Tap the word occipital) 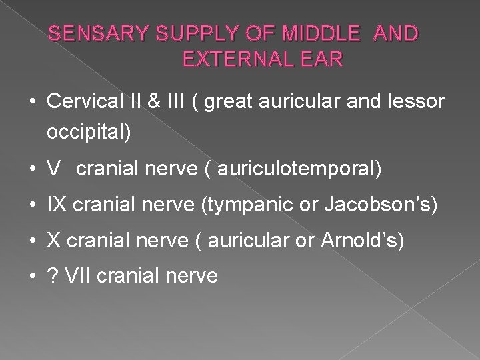pos(89,132)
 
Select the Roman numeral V pos(53,169)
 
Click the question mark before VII pos(53,275)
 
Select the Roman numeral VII pos(78,275)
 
